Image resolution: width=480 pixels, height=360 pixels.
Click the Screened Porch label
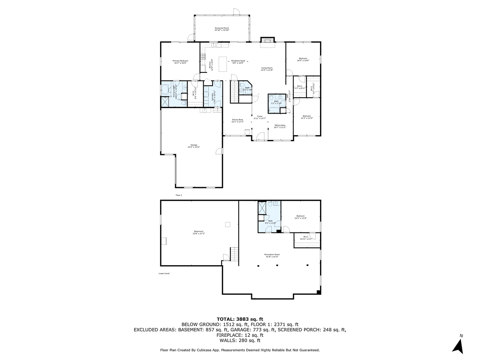[x=222, y=29]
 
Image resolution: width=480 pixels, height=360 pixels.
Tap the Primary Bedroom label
[x=180, y=62]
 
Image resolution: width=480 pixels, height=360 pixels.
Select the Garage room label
[x=194, y=146]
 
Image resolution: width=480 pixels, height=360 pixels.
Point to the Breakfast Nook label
[x=238, y=61]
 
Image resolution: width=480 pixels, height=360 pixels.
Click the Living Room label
[x=267, y=69]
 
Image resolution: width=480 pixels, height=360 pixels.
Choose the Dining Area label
[x=238, y=120]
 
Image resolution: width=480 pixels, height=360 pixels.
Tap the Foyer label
[x=260, y=117]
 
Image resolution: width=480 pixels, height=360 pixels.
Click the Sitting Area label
[x=280, y=126]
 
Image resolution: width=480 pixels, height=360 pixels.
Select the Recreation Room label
[x=272, y=255]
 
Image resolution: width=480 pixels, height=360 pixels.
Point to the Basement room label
[x=199, y=232]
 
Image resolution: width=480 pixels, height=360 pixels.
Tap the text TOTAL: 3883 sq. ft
[x=240, y=319]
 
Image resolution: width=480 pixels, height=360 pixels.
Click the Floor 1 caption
[x=179, y=195]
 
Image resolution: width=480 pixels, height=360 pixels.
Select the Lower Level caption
[x=164, y=274]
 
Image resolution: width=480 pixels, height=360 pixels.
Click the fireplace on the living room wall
[x=268, y=40]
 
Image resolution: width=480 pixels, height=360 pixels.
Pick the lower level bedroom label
[x=300, y=217]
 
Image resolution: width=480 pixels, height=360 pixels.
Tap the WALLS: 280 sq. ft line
[x=240, y=341]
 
